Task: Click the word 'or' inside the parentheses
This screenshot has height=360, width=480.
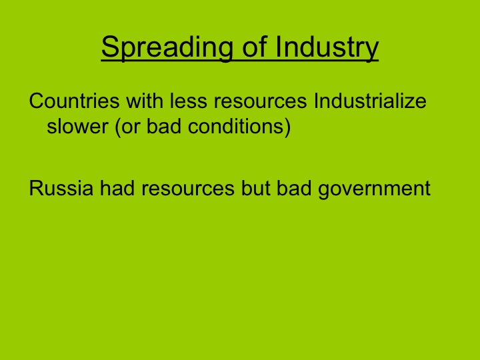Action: (x=131, y=127)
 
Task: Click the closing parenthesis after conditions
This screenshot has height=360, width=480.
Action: (x=288, y=127)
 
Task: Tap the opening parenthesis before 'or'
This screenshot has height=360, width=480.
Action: (x=117, y=127)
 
